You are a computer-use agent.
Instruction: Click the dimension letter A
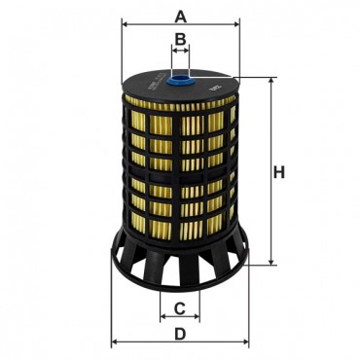[x=181, y=17]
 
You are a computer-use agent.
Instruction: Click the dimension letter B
[x=180, y=39]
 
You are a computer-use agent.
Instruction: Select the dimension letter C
[x=179, y=308]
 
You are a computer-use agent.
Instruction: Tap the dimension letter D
[x=180, y=334]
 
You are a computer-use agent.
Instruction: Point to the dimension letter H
[x=279, y=172]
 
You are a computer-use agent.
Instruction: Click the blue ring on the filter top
[x=180, y=79]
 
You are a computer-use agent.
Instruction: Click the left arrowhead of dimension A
[x=125, y=24]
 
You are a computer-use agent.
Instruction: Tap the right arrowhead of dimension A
[x=236, y=24]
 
